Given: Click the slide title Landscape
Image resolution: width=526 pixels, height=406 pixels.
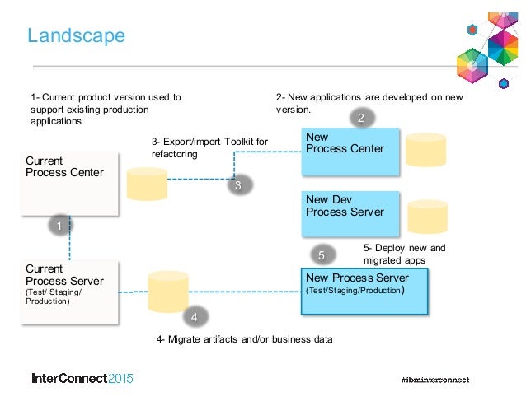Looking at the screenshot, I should coord(76,35).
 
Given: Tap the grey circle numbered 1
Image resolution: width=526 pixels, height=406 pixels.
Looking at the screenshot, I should coord(59,224).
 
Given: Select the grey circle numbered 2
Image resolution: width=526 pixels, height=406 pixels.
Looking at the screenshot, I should coord(360,119).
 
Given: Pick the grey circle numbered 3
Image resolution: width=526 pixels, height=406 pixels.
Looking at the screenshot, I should coord(237,186).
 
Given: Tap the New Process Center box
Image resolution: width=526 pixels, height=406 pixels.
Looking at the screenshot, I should coord(350,151).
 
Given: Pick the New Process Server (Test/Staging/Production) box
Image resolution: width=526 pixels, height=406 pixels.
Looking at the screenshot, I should coord(364,290).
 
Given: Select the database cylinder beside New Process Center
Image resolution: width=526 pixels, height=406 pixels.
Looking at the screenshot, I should coord(425,148).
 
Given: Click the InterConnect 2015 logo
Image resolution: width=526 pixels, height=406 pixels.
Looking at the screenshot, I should coord(82,380).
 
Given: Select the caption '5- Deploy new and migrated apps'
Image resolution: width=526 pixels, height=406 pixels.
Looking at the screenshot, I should coord(404,254).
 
